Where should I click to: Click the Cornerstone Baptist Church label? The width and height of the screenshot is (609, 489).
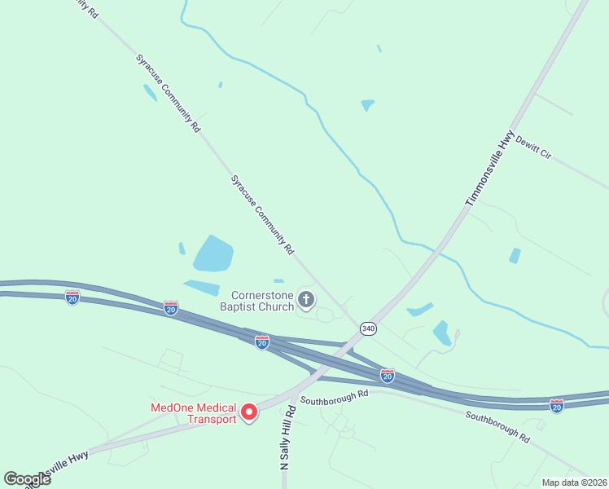click(x=262, y=301)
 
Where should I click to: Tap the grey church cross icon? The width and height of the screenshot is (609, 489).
click(x=306, y=300)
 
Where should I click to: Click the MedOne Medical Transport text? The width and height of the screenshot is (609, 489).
click(x=194, y=413)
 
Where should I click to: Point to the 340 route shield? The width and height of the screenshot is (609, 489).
click(x=369, y=328)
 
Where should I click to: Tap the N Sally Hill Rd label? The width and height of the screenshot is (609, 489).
click(x=288, y=436)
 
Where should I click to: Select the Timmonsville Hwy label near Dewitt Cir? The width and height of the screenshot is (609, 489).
click(x=490, y=167)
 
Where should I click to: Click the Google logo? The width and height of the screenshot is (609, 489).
click(x=27, y=478)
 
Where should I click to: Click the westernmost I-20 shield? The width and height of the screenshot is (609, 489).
click(x=72, y=297)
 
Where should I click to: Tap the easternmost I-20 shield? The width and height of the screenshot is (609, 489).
click(x=557, y=404)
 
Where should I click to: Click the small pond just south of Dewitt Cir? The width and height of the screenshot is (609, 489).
click(x=515, y=256)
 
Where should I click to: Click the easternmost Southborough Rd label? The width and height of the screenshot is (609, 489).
click(x=497, y=426)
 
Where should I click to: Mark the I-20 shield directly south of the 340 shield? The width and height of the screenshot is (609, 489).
click(x=388, y=375)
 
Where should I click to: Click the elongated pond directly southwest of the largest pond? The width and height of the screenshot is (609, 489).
click(x=202, y=287)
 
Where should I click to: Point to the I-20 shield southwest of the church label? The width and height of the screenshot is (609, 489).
click(x=171, y=307)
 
